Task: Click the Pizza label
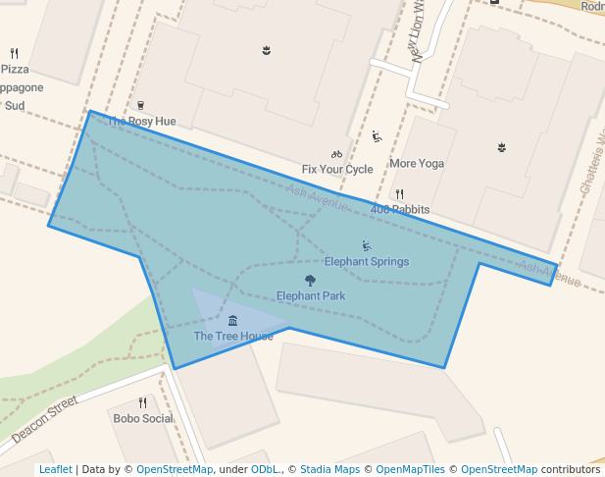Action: [15, 70]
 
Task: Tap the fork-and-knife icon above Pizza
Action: [14, 53]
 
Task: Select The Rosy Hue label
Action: [141, 122]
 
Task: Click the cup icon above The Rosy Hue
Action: [140, 105]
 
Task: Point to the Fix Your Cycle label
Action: [337, 170]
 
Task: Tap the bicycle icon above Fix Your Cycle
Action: [337, 153]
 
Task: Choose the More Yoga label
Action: [417, 163]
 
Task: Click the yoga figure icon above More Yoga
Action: [377, 136]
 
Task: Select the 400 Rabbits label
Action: [400, 210]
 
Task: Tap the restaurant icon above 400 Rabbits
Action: [399, 194]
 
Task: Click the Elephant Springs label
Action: [367, 262]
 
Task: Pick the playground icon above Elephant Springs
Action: [367, 245]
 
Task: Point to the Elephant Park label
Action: [311, 296]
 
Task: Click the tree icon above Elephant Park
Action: [311, 281]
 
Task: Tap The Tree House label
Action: [233, 337]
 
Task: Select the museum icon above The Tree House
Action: [232, 321]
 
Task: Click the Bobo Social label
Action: [143, 419]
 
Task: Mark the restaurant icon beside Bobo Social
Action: [143, 402]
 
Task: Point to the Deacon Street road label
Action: [44, 420]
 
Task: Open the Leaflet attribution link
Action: [55, 470]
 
